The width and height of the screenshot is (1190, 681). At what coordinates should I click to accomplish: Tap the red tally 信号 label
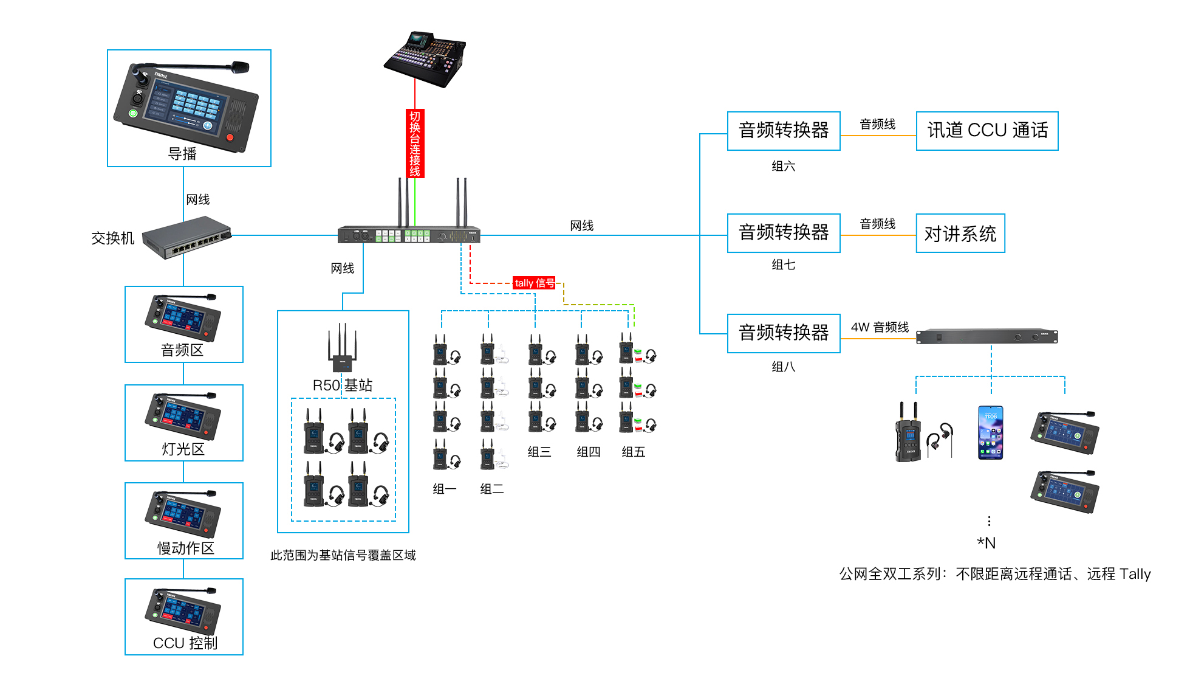(534, 283)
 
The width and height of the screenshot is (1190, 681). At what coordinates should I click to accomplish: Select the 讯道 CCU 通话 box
(987, 131)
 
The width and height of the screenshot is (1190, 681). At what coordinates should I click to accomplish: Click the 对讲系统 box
(960, 233)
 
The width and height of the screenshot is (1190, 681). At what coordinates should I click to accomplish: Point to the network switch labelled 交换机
(187, 238)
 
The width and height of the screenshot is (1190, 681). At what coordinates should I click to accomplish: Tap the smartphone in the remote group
(990, 433)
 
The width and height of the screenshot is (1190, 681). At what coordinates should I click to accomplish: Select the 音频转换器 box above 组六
(784, 131)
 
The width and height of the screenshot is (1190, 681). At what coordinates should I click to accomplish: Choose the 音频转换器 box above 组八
(784, 333)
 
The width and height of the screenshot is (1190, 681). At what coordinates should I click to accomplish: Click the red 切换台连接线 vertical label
(415, 143)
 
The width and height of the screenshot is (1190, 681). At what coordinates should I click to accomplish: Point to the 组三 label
(539, 452)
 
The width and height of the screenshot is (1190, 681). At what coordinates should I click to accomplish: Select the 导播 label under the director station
(182, 154)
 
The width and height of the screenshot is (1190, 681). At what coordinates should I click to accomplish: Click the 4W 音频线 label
(880, 327)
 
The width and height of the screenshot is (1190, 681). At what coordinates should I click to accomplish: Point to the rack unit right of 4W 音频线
(987, 336)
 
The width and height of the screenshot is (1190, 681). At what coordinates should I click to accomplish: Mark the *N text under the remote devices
(987, 543)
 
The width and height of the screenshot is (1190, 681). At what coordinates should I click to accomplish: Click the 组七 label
(784, 264)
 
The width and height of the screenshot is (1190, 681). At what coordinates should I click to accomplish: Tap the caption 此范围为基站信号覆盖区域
(343, 555)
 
